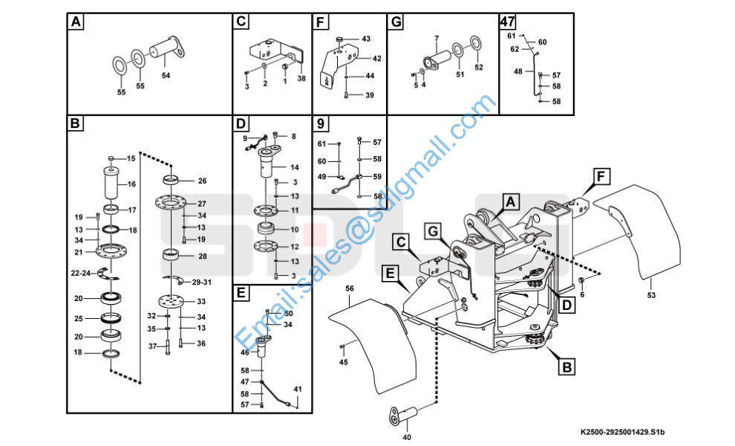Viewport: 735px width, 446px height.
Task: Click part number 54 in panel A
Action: point(166,75)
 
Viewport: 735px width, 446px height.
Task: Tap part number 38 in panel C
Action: point(301,78)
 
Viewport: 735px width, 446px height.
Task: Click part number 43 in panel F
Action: point(366,39)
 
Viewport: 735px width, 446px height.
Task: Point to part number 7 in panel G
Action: point(437,38)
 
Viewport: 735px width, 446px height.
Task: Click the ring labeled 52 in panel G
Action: point(475,43)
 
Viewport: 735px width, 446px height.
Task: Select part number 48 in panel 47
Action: point(518,71)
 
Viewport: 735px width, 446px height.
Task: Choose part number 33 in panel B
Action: point(201,301)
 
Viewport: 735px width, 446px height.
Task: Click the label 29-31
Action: point(202,282)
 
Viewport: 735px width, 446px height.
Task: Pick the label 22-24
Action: point(81,273)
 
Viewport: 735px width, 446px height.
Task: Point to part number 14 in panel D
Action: point(295,167)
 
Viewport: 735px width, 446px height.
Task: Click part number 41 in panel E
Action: point(298,390)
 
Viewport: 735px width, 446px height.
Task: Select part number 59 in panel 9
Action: point(377,176)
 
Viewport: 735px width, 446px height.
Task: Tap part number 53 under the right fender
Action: point(651,295)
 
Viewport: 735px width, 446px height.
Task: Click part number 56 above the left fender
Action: point(350,288)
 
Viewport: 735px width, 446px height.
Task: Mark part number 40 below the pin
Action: point(407,437)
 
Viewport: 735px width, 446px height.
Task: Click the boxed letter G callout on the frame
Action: point(433,231)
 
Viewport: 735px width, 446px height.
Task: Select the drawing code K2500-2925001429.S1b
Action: point(622,432)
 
